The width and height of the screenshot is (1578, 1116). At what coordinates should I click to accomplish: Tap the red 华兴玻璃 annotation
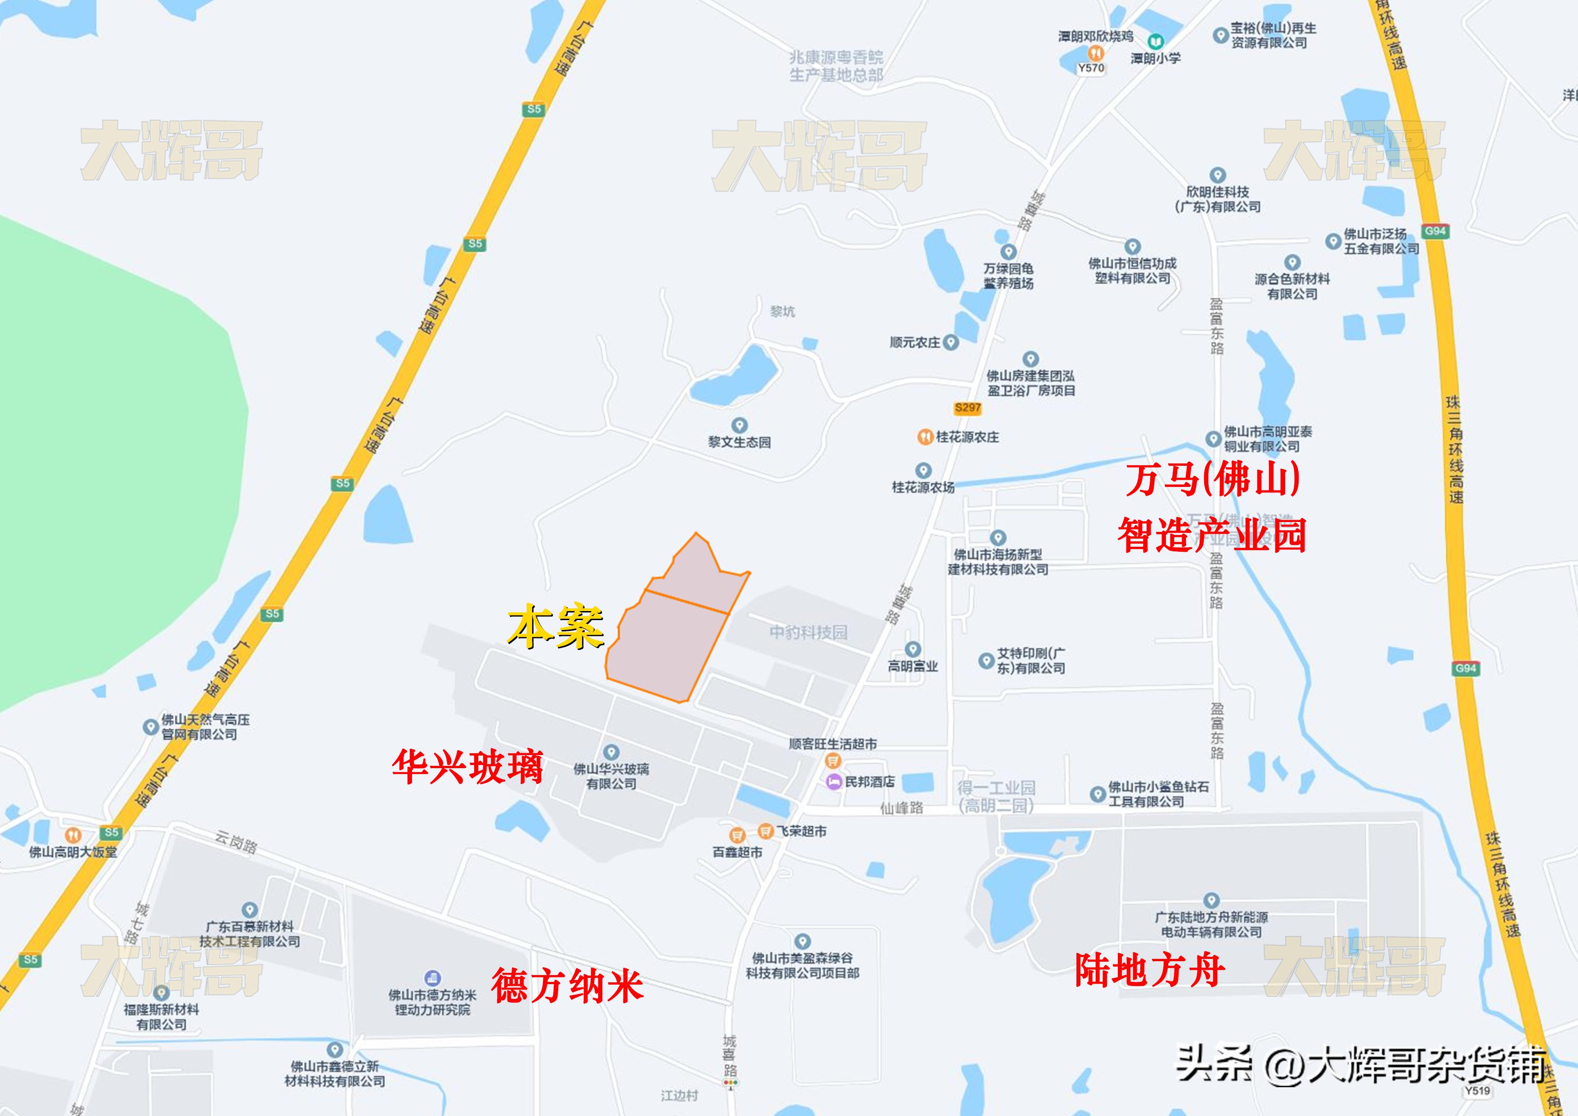467,767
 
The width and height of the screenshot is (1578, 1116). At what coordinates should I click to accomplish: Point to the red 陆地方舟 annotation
1149,970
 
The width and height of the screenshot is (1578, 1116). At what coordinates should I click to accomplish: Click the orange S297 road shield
968,408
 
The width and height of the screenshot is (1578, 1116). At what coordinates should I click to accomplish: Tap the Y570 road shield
1091,68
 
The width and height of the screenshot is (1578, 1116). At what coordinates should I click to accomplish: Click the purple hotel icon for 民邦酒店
834,782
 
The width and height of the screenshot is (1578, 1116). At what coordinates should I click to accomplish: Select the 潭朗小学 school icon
1156,41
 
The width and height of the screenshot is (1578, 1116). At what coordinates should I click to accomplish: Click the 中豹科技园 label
808,632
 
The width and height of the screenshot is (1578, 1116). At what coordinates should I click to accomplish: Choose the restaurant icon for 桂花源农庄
925,436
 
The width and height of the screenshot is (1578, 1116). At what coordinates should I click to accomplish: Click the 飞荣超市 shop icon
766,831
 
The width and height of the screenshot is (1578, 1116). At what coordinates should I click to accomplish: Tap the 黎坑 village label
782,311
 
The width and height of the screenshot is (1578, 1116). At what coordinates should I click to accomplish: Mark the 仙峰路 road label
902,808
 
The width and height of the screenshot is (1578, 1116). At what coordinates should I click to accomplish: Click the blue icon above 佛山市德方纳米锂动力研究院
432,977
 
